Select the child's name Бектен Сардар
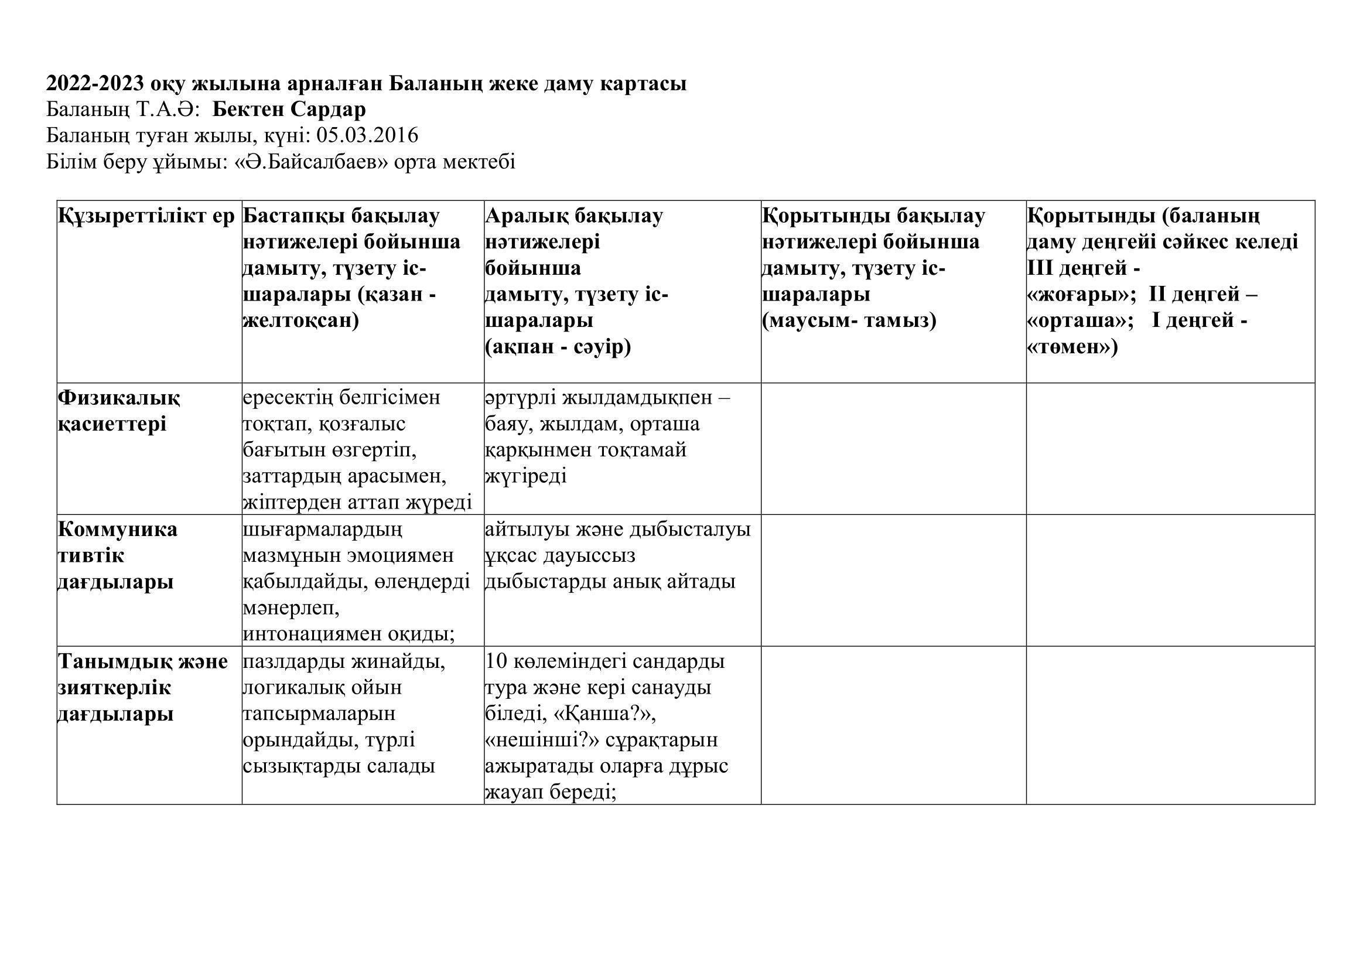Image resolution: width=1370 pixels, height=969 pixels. coord(289,110)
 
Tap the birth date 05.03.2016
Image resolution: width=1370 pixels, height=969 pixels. coord(367,136)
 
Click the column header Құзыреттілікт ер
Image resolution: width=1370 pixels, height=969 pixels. coord(147,216)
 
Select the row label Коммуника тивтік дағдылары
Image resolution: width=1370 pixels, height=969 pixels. coord(117,555)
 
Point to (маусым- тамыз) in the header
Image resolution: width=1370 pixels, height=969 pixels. coord(849,320)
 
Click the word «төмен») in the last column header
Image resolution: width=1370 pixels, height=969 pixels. coord(1072,347)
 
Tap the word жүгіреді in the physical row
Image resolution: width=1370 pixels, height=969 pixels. coord(525,476)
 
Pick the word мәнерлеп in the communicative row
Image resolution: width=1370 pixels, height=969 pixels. coord(291,608)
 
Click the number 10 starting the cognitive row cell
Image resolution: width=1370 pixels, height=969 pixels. coord(497,661)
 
